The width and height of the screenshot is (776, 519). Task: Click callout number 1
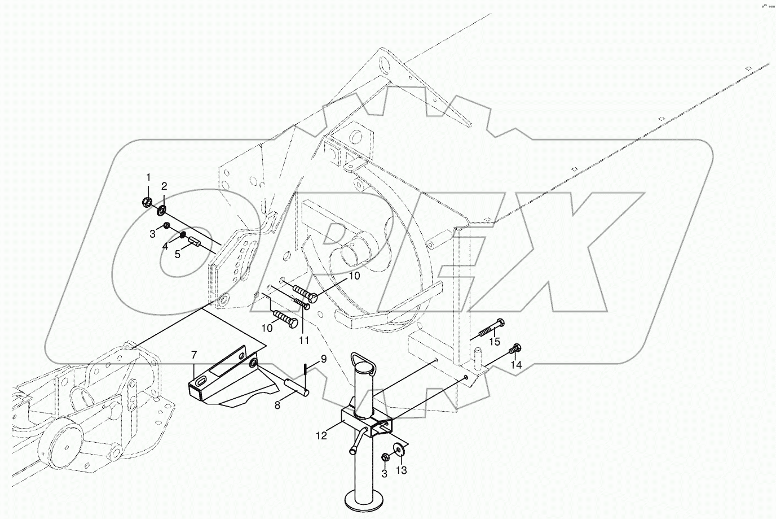tap(148, 178)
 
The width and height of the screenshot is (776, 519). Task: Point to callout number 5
tap(177, 255)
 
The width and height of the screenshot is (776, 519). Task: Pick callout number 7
tap(193, 355)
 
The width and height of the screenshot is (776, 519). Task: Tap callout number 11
tap(304, 341)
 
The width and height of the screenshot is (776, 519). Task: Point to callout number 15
tap(494, 342)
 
